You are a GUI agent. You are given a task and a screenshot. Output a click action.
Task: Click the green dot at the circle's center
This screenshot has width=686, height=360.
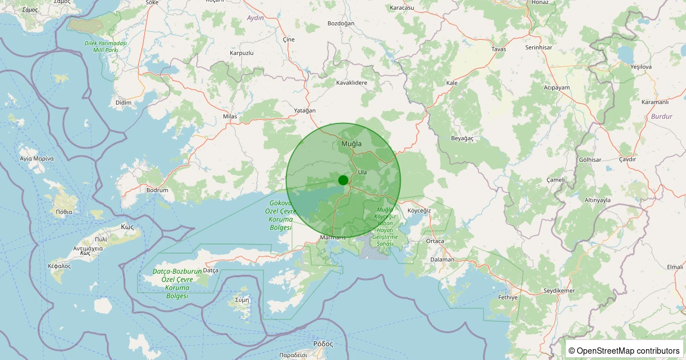[x=343, y=180]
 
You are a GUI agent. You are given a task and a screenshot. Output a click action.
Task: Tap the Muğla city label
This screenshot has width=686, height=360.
[x=351, y=143]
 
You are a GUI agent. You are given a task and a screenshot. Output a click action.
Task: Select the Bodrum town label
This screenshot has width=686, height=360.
[x=157, y=190]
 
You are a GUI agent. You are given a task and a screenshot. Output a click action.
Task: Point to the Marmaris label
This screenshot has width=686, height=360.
[x=333, y=238]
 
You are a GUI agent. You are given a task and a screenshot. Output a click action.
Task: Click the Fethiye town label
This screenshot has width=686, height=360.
[x=508, y=298]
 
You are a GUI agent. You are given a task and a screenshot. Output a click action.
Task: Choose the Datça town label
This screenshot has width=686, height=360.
[x=211, y=270]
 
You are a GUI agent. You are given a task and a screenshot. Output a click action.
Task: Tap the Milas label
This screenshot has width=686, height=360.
[x=230, y=117]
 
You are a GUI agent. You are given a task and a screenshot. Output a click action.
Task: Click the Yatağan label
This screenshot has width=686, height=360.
[x=305, y=110]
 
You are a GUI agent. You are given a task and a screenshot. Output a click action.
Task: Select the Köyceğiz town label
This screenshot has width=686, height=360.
[x=419, y=211]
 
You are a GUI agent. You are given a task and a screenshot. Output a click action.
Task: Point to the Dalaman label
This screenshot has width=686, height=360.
[x=442, y=259]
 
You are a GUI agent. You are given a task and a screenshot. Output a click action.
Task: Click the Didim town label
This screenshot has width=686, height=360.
[x=123, y=102]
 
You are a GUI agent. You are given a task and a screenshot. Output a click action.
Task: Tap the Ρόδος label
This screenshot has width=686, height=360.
[x=323, y=344]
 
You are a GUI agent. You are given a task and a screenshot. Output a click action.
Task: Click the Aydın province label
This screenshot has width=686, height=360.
[x=255, y=18]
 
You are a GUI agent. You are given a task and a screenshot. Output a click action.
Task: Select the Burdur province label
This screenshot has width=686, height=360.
[x=661, y=117]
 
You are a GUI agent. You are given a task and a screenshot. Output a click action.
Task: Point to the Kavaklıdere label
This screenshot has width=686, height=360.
[x=352, y=83]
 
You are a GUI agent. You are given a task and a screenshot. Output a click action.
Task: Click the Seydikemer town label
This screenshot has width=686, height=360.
[x=559, y=291]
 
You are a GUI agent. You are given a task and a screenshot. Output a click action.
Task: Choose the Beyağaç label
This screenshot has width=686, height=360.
[x=463, y=138]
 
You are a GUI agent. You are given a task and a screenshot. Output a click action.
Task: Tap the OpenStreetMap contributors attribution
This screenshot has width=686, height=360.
[x=624, y=350]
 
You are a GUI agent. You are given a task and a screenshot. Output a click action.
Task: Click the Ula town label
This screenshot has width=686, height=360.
[x=362, y=172]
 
